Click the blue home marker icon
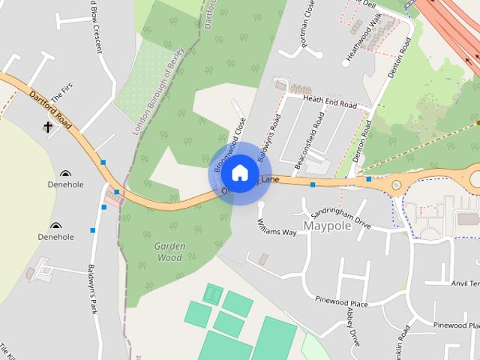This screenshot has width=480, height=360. tap(239, 172)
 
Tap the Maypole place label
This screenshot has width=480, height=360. tap(327, 225)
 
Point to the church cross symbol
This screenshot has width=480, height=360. tap(49, 128)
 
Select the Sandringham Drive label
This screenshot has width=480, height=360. tap(341, 218)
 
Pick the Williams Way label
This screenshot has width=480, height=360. tap(277, 227)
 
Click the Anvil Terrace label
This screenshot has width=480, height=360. tap(465, 283)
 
